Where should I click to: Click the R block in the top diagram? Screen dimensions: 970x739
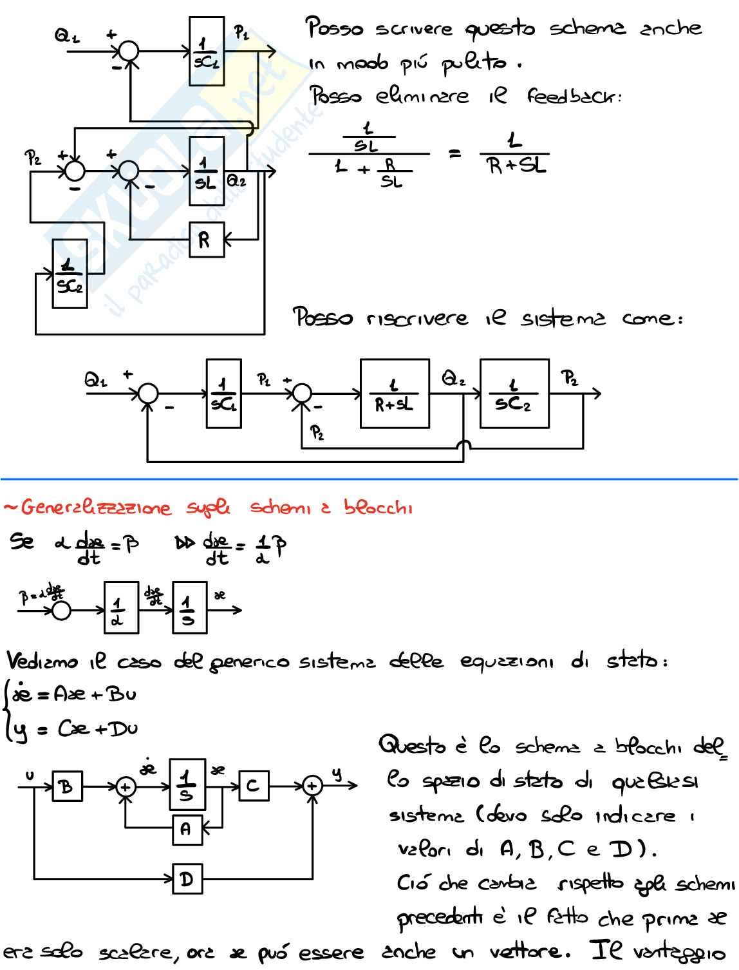207,240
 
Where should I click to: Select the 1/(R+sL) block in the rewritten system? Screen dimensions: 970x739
395,394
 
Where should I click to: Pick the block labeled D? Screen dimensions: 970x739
187,879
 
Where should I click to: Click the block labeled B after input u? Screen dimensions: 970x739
67,786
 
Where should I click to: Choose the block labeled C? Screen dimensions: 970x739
254,786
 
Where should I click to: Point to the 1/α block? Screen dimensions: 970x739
121,607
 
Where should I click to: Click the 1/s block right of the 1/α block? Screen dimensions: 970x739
189,607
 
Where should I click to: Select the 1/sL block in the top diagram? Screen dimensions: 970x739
207,171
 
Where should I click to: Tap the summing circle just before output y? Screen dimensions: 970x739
312,786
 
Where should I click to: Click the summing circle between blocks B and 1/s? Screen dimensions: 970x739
126,786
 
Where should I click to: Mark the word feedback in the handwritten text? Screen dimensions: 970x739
573,97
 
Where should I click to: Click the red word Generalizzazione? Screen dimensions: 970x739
97,508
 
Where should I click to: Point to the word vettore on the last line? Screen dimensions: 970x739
529,951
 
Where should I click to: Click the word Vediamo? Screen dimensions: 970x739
42,661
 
